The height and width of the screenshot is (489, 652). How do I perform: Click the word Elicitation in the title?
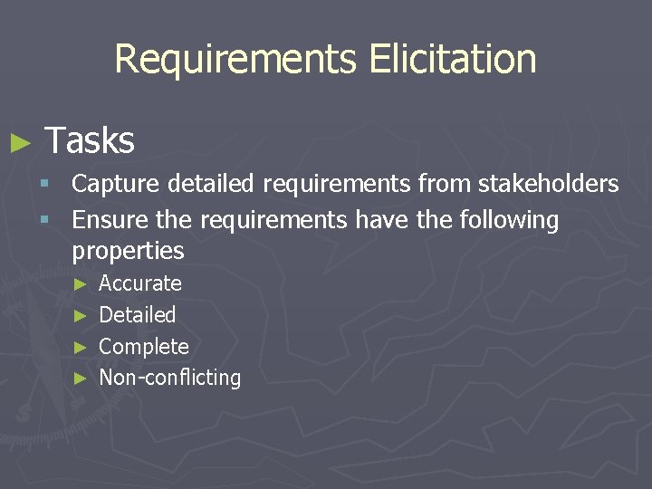pos(453,59)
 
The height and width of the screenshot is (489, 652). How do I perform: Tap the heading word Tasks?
pos(90,140)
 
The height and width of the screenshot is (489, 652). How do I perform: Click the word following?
pos(509,220)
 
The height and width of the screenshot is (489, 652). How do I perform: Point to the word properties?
pos(128,251)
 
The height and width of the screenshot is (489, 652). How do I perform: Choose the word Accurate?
pos(140,283)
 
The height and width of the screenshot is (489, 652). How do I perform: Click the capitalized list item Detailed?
pos(138,315)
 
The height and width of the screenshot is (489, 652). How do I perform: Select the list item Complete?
pos(144,347)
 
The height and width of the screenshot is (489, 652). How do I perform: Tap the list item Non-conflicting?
pos(170,378)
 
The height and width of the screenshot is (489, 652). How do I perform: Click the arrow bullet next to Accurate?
pos(80,284)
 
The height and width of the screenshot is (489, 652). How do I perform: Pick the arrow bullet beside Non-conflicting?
pos(80,379)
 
